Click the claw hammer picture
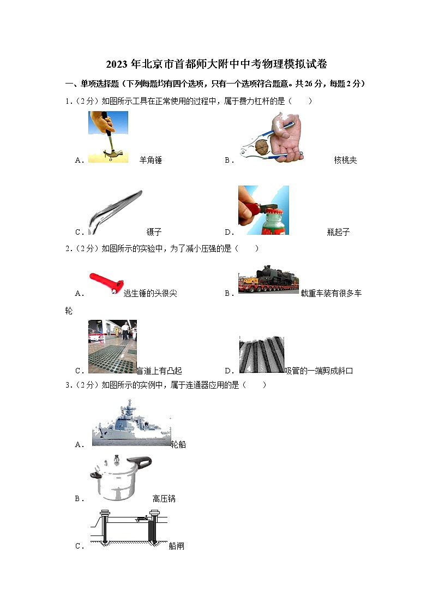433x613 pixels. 108,136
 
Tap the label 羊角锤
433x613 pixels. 151,160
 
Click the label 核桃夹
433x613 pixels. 345,160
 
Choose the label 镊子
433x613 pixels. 154,232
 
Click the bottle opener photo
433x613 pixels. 263,210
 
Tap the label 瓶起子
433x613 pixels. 338,232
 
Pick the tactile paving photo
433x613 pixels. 112,347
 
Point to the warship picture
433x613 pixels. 131,423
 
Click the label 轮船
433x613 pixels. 178,444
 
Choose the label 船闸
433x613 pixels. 176,545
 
